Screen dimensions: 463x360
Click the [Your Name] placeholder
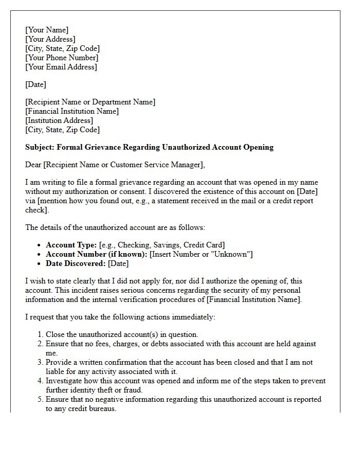coord(47,30)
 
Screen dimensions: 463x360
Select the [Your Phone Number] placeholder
coord(62,58)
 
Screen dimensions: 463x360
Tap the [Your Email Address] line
coord(61,67)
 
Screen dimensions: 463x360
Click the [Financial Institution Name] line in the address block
coord(72,111)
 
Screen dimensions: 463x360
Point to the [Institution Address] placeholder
coord(59,120)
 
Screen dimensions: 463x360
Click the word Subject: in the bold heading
coord(40,147)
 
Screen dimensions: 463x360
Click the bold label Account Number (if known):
coord(97,254)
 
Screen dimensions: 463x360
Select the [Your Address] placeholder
coord(50,39)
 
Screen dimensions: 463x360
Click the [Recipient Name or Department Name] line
coord(91,102)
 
